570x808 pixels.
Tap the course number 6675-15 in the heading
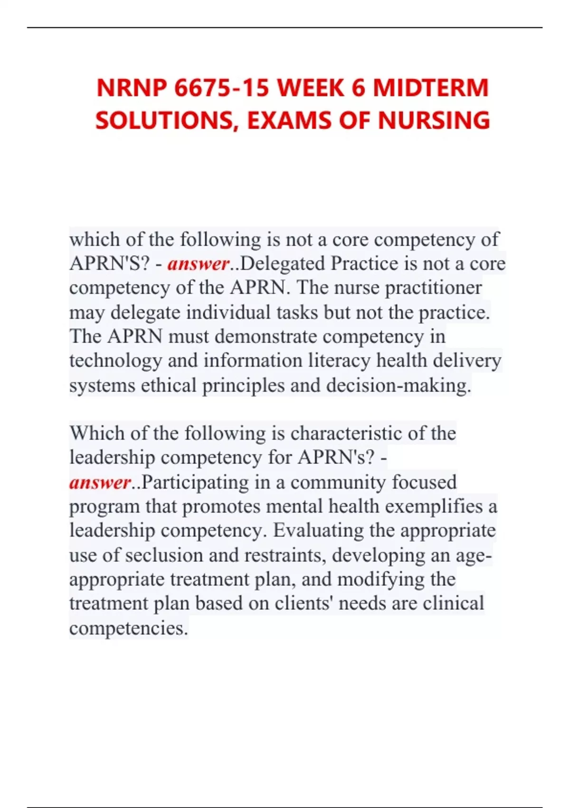(x=221, y=88)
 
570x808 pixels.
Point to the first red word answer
(x=198, y=264)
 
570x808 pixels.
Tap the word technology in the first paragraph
(x=115, y=361)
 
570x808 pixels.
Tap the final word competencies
(x=129, y=628)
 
